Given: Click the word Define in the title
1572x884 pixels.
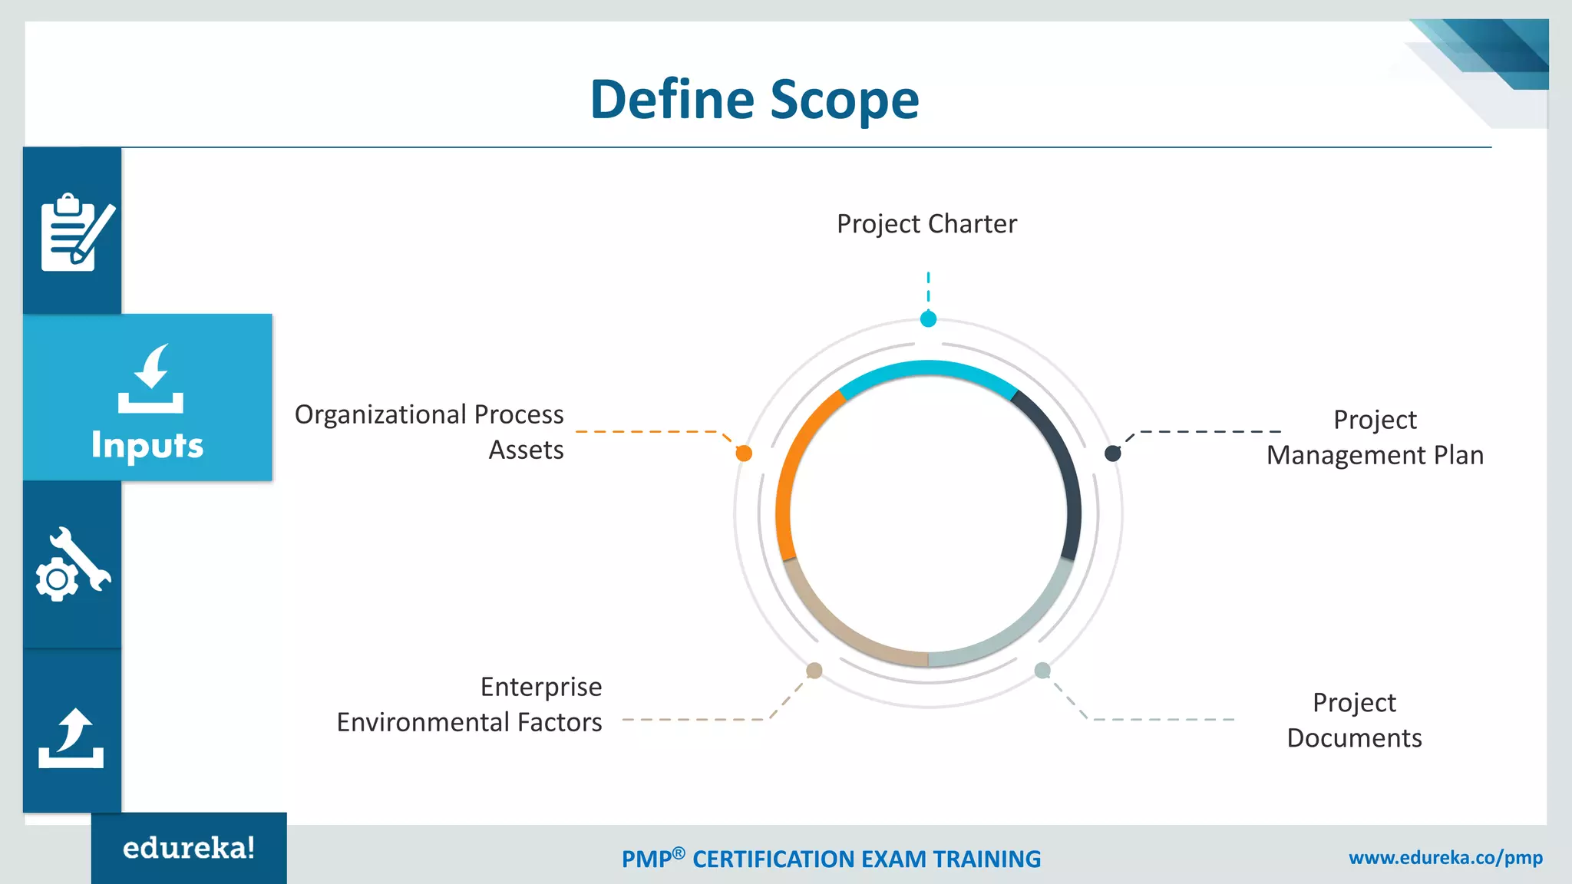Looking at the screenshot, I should tap(672, 101).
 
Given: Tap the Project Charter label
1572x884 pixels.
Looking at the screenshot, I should tap(926, 224).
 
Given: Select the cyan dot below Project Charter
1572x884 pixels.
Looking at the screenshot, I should tap(928, 319).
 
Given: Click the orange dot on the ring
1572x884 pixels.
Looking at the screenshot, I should tap(744, 454).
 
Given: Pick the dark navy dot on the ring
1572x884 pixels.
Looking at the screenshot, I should tap(1112, 454).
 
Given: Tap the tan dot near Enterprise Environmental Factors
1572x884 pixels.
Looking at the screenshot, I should tap(814, 671).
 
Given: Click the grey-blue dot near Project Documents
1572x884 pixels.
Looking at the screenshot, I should tap(1042, 671).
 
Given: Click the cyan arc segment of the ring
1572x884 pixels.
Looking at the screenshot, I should tap(928, 369).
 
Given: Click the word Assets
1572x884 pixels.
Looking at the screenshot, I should tap(526, 450).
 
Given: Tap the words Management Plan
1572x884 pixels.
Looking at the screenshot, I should tap(1374, 456).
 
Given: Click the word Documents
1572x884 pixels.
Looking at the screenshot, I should tap(1354, 738).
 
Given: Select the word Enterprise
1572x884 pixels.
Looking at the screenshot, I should tap(540, 687).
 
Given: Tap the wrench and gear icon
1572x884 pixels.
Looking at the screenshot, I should tap(72, 566).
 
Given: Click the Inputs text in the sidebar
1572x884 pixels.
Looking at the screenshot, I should tap(147, 446).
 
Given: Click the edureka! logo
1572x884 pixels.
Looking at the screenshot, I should tap(189, 849).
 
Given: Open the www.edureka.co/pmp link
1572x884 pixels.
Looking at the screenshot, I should tap(1445, 858).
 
